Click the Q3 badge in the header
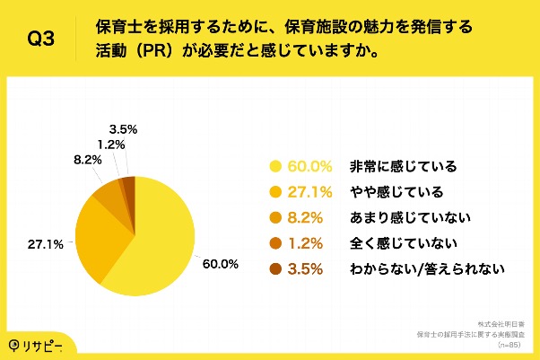point(41,40)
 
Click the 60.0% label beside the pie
point(220,264)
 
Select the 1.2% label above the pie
point(110,143)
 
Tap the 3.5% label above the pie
point(122,128)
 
